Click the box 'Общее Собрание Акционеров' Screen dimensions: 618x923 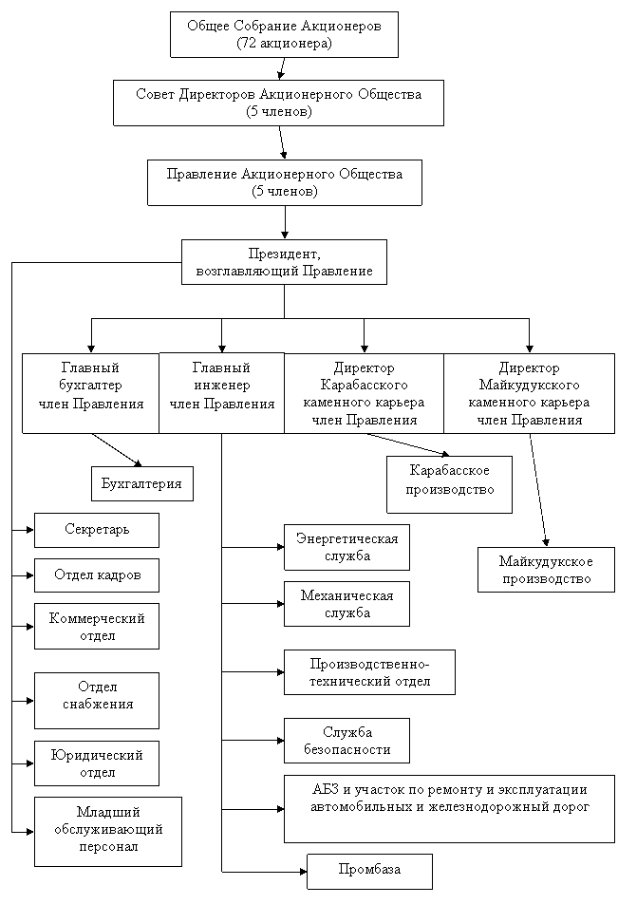tap(284, 34)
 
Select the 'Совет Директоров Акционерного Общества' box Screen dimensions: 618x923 tap(278, 103)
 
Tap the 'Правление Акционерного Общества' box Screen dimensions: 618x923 tap(284, 182)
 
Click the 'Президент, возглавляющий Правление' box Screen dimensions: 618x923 tap(284, 262)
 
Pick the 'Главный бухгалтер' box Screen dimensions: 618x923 tap(90, 393)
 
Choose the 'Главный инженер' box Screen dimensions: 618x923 tap(222, 393)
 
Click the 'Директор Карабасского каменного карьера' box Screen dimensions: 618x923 tap(364, 393)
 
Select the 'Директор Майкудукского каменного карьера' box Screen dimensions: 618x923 tap(529, 393)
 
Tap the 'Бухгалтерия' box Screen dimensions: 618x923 tap(141, 484)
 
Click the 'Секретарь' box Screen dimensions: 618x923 tap(97, 530)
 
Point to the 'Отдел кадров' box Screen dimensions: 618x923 tap(97, 575)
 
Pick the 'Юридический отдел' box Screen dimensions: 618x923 tap(97, 763)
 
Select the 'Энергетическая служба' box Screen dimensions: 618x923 tap(346, 548)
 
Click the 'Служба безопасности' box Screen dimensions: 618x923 tap(346, 741)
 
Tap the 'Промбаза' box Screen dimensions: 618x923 tap(369, 871)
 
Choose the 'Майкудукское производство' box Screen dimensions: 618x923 tap(546, 570)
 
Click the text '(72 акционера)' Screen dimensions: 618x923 tap(284, 43)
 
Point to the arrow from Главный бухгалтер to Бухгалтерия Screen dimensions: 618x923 tap(117, 450)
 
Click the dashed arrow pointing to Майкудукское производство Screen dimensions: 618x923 tap(538, 490)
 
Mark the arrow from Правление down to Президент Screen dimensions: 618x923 tap(284, 222)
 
